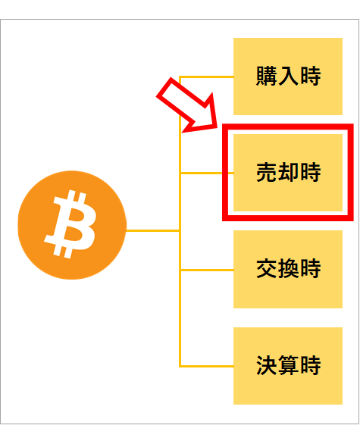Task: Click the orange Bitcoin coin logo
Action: pos(72,225)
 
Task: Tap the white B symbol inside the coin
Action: pos(70,224)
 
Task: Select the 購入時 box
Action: pos(288,77)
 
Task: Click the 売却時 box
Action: pos(288,173)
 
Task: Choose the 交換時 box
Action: pos(288,269)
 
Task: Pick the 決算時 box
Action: pos(288,366)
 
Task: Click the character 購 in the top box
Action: pos(267,76)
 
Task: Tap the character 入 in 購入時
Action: pos(288,76)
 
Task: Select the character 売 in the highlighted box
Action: pos(267,172)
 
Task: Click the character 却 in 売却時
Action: pos(288,172)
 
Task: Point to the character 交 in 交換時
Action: pos(267,268)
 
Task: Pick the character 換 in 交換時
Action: pos(288,268)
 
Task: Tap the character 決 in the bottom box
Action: pos(267,365)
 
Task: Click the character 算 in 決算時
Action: pos(288,365)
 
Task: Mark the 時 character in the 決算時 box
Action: pos(311,365)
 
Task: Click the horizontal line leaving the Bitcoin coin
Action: pos(153,231)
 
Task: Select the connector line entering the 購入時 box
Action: pos(207,77)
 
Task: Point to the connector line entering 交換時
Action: pos(207,270)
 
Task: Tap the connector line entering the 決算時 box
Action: pos(207,367)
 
